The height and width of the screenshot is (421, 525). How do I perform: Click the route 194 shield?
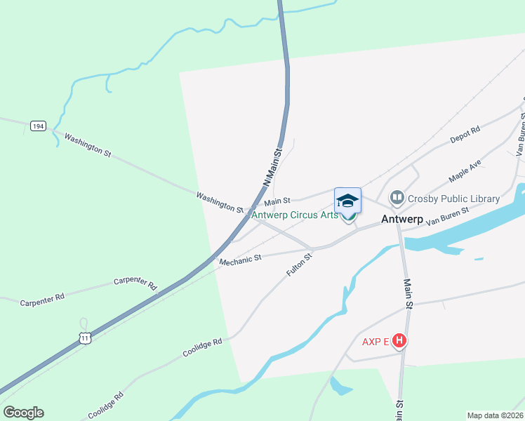tap(39, 126)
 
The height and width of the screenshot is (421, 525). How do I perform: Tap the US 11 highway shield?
tap(85, 338)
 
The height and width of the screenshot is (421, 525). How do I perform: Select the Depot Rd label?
tap(465, 135)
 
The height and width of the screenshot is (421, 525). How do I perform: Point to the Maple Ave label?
tap(465, 171)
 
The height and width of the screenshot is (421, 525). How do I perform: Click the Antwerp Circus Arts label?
tap(294, 215)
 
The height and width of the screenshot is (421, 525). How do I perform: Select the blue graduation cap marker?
tap(347, 201)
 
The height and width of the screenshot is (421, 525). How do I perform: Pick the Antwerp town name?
tap(402, 220)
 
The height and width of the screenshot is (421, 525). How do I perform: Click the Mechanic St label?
tap(240, 260)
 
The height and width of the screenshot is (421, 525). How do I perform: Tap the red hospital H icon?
tap(399, 342)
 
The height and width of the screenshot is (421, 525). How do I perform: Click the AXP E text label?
tap(376, 342)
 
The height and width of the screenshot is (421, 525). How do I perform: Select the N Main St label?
tap(272, 166)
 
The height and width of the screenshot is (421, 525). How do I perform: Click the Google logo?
tap(23, 413)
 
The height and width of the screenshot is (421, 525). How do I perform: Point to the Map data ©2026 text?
tap(495, 415)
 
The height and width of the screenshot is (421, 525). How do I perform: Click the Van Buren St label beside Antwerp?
tap(447, 211)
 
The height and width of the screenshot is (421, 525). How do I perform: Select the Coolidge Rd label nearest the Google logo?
tap(105, 405)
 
